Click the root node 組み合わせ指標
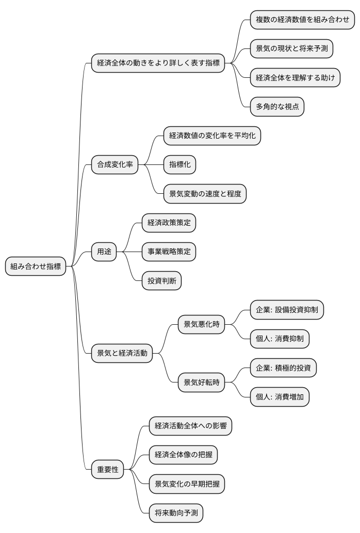pyautogui.click(x=36, y=266)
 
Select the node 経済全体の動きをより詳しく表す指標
pyautogui.click(x=158, y=63)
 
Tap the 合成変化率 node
pyautogui.click(x=114, y=165)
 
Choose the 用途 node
pyautogui.click(x=104, y=252)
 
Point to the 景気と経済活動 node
pyautogui.click(x=122, y=353)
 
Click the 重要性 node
pyautogui.click(x=108, y=470)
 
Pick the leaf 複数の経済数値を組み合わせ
pyautogui.click(x=302, y=20)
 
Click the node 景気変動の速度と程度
pyautogui.click(x=205, y=194)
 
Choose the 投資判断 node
pyautogui.click(x=161, y=281)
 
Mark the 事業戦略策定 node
pyautogui.click(x=169, y=252)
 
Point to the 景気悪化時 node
pyautogui.click(x=201, y=324)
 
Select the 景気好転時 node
pyautogui.click(x=201, y=382)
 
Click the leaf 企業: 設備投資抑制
pyautogui.click(x=287, y=310)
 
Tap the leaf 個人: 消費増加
pyautogui.click(x=280, y=397)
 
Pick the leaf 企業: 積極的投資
pyautogui.click(x=283, y=368)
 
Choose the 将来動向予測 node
pyautogui.click(x=176, y=513)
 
